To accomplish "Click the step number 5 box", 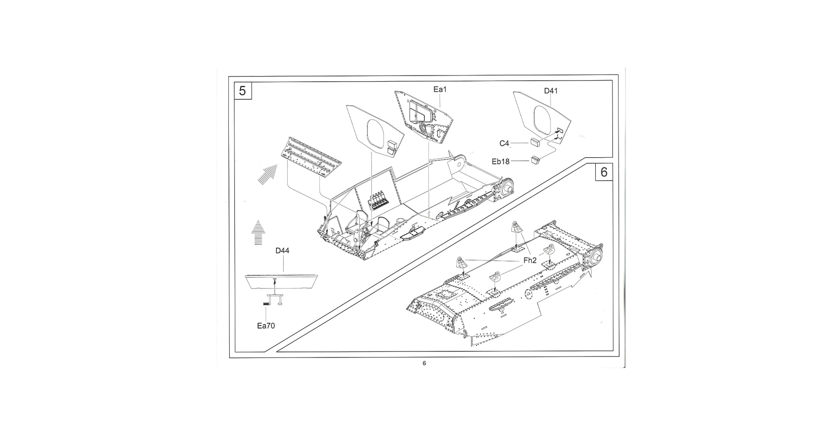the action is tap(243, 91).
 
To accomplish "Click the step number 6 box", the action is tap(604, 172).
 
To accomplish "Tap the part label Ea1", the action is tap(440, 89).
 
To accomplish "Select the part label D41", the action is tap(551, 91).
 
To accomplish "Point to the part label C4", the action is tap(504, 143).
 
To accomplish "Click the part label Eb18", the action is tap(500, 161).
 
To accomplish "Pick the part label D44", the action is tap(282, 250).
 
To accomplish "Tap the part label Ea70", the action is tap(266, 326).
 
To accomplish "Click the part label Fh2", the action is tap(530, 261).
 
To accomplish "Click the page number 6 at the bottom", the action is tap(424, 363).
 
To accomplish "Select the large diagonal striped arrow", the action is tap(267, 174).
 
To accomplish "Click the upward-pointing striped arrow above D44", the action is tap(258, 232).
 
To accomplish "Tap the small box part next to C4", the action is tap(536, 142).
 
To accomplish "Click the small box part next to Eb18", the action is tap(536, 160).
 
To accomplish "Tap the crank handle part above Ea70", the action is tap(272, 300).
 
